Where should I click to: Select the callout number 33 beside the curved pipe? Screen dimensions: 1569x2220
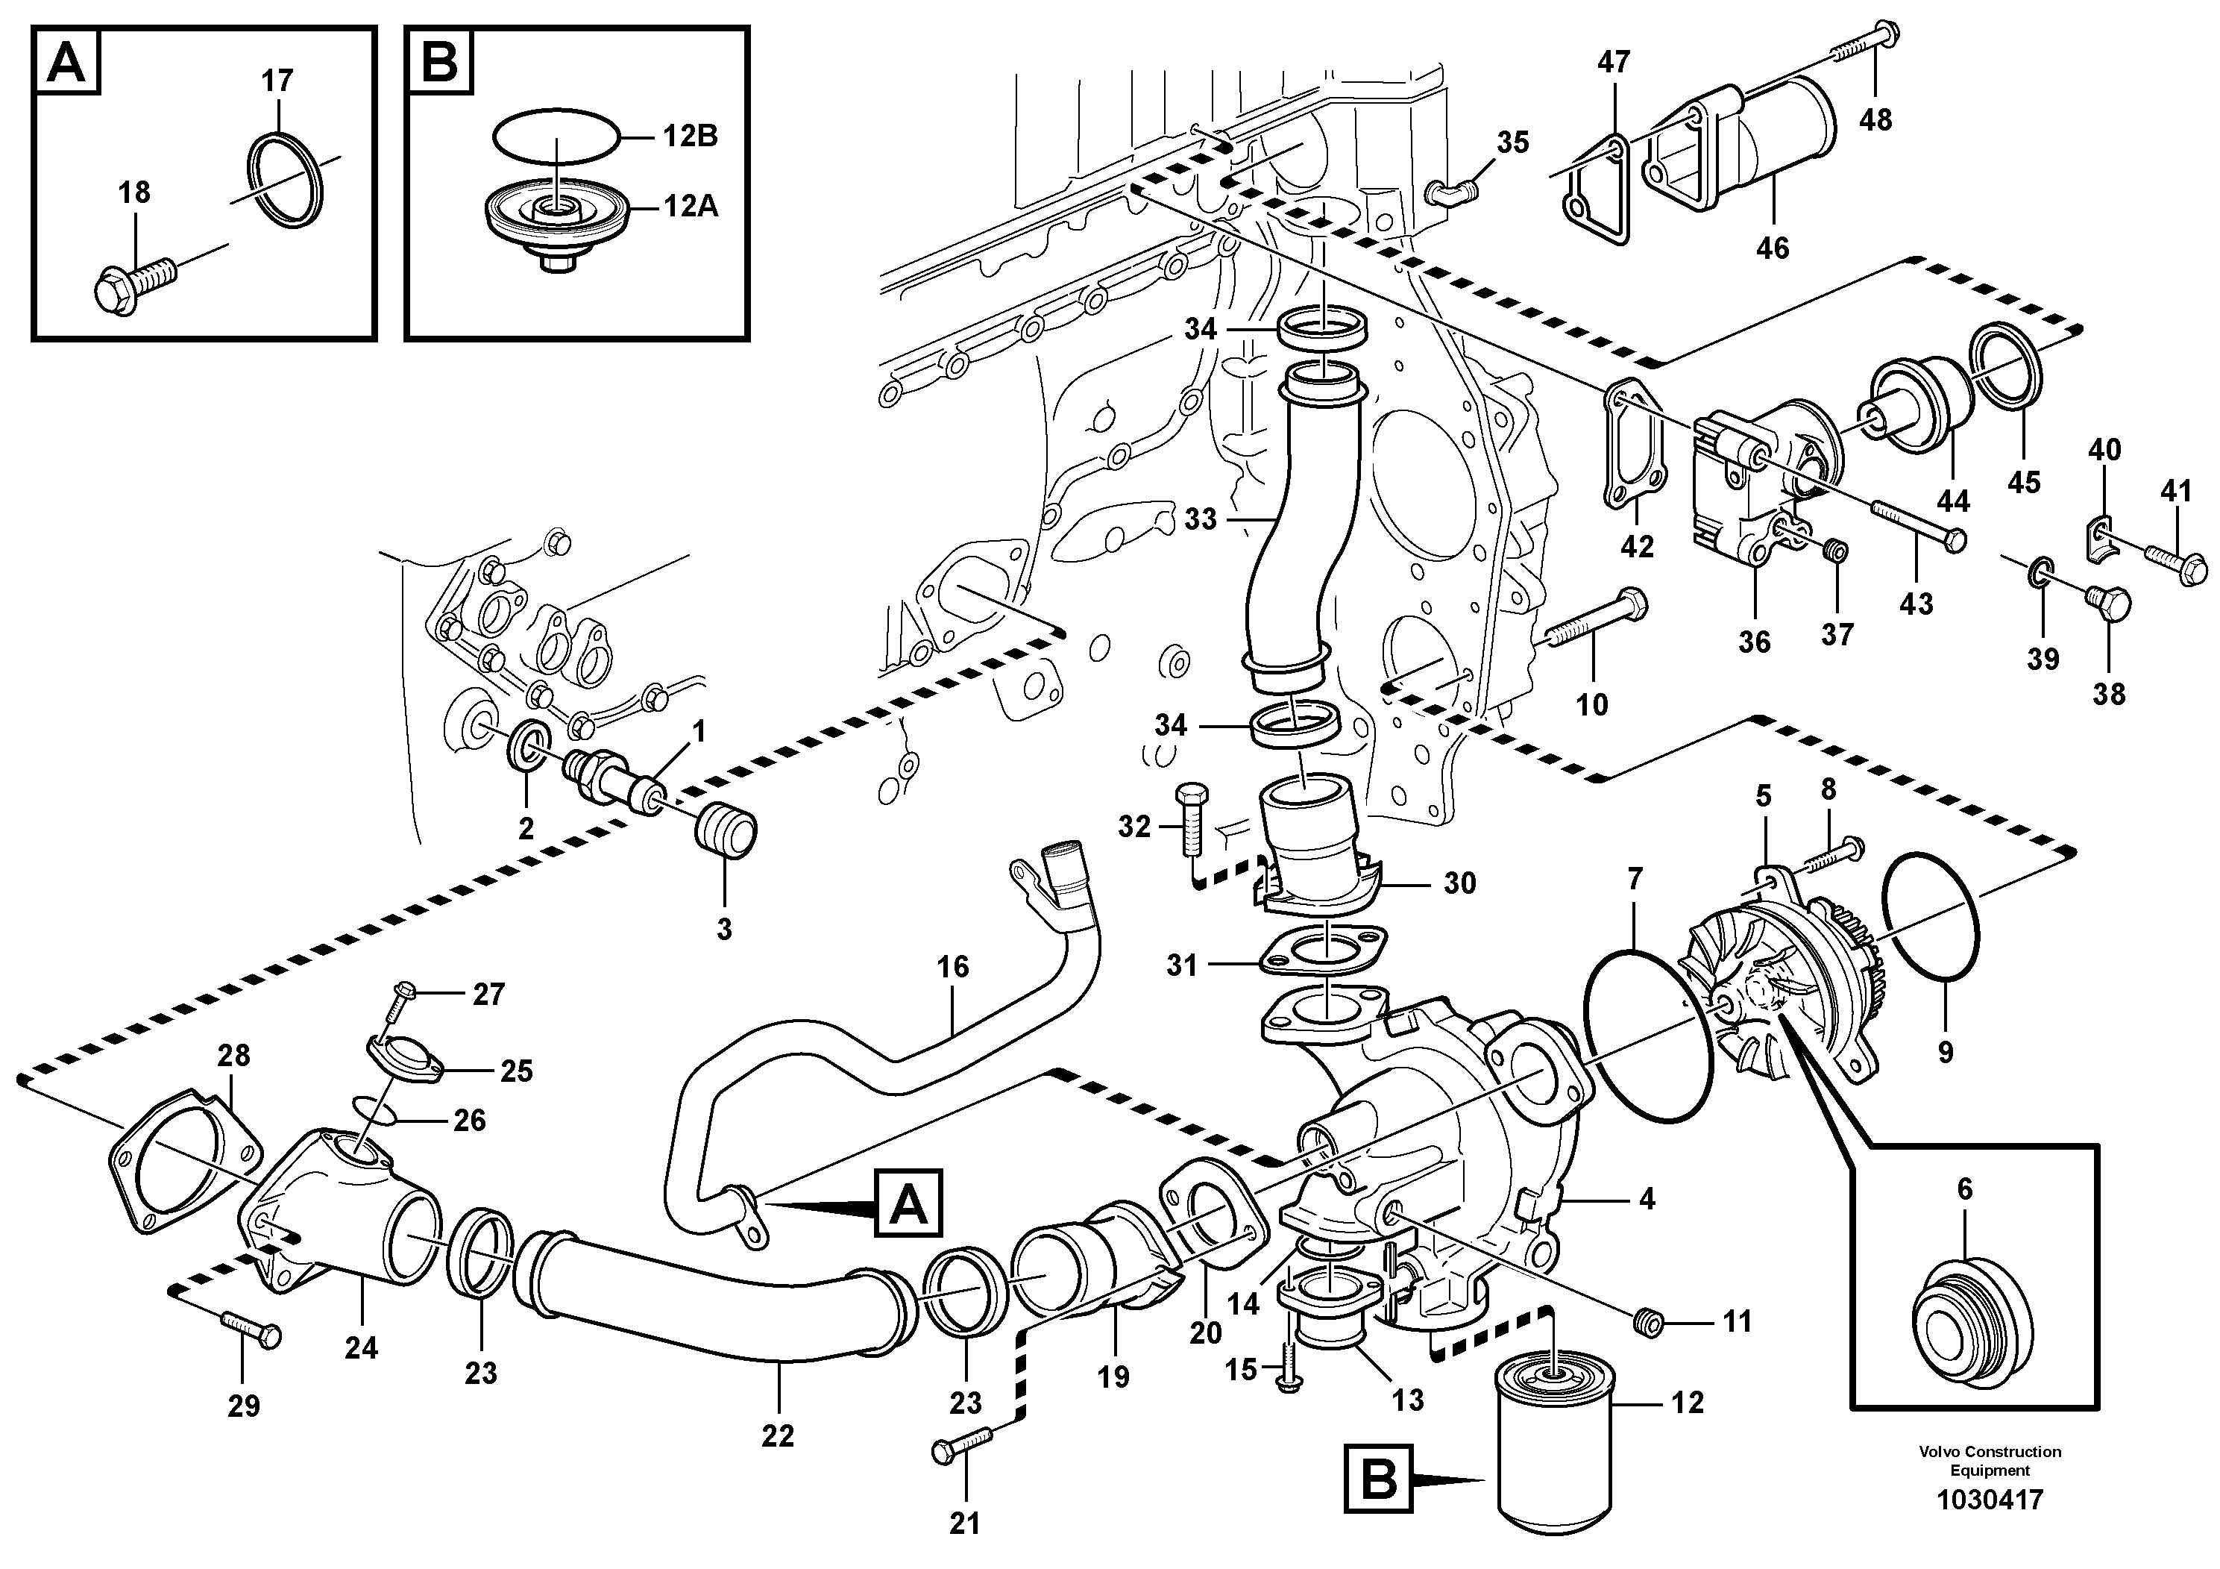pyautogui.click(x=1200, y=519)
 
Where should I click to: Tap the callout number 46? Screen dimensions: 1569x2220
pyautogui.click(x=1773, y=248)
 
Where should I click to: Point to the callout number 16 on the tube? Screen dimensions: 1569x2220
pyautogui.click(x=952, y=966)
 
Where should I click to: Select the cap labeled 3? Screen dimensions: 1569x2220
pyautogui.click(x=727, y=829)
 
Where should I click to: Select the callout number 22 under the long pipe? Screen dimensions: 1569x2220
pyautogui.click(x=777, y=1435)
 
